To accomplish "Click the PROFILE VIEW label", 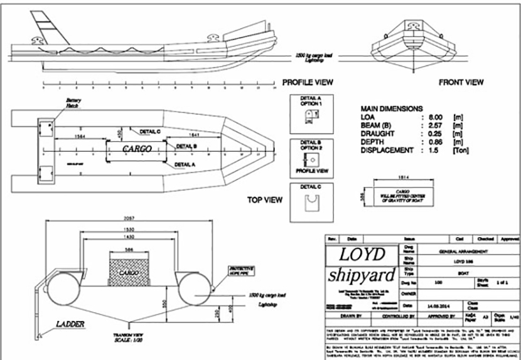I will pyautogui.click(x=308, y=82).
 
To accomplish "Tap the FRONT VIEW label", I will pyautogui.click(x=461, y=82).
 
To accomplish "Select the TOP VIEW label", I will pyautogui.click(x=264, y=200).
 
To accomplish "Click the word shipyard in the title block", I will pyautogui.click(x=361, y=275).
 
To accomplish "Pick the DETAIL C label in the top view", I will pyautogui.click(x=149, y=132).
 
